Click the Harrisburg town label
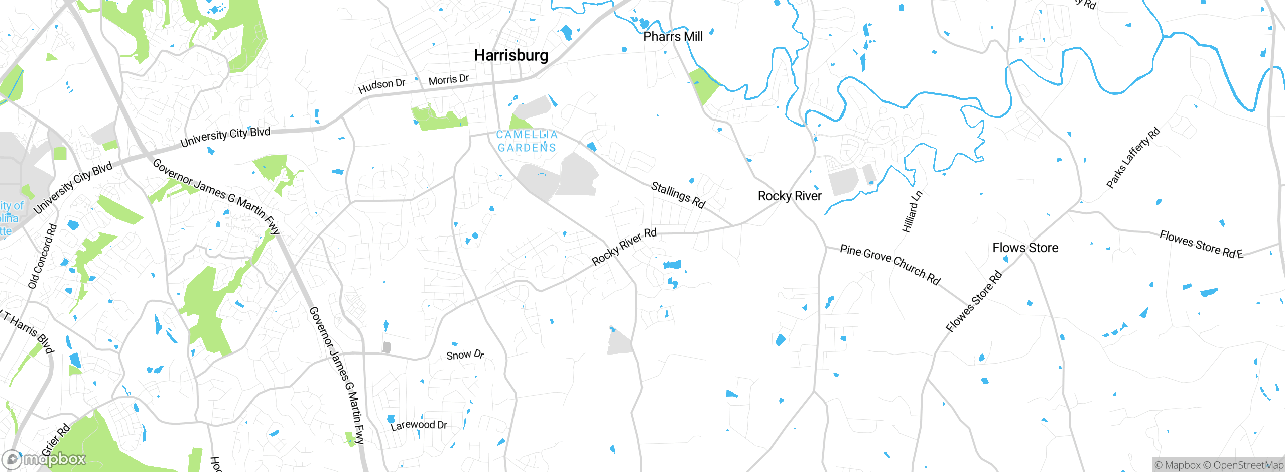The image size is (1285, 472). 511,55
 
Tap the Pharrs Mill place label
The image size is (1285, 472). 673,37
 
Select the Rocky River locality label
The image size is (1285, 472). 790,196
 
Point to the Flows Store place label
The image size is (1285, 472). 1025,248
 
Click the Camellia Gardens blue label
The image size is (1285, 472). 527,141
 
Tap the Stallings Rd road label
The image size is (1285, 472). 678,195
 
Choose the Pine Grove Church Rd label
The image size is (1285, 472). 890,264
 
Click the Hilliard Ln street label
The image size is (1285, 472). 912,211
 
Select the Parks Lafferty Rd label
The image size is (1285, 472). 1133,158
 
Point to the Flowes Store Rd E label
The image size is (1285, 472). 1201,245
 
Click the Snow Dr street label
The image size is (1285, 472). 465,355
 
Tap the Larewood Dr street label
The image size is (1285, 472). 419,425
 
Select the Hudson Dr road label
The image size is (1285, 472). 381,86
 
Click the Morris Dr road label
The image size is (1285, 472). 448,80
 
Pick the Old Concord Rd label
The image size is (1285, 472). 42,256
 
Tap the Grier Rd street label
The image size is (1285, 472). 56,440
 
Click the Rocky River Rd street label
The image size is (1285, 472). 624,247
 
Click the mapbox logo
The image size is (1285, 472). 44,459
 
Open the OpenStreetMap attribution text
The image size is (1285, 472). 1248,465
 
